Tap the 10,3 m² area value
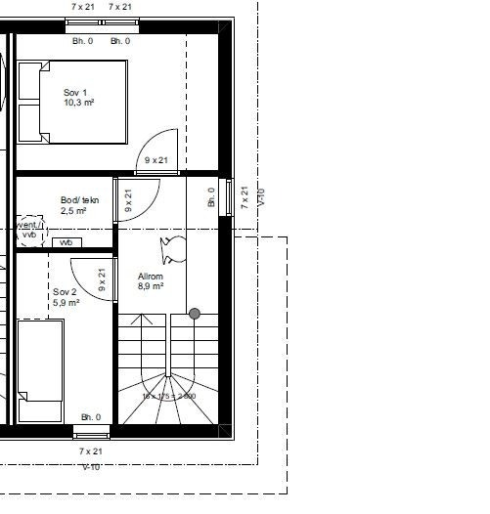pyautogui.click(x=78, y=103)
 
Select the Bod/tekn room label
pyautogui.click(x=79, y=200)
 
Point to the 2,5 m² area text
pyautogui.click(x=73, y=210)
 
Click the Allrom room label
pyautogui.click(x=150, y=277)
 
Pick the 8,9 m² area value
pyautogui.click(x=150, y=286)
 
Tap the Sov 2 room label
pyautogui.click(x=65, y=292)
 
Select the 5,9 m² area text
pyautogui.click(x=67, y=303)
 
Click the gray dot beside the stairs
pyautogui.click(x=195, y=314)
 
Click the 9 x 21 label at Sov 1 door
pyautogui.click(x=156, y=160)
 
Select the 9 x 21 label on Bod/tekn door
pyautogui.click(x=128, y=201)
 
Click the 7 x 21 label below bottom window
pyautogui.click(x=90, y=451)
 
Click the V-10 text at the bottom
pyautogui.click(x=92, y=467)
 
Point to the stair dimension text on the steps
pyautogui.click(x=168, y=396)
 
